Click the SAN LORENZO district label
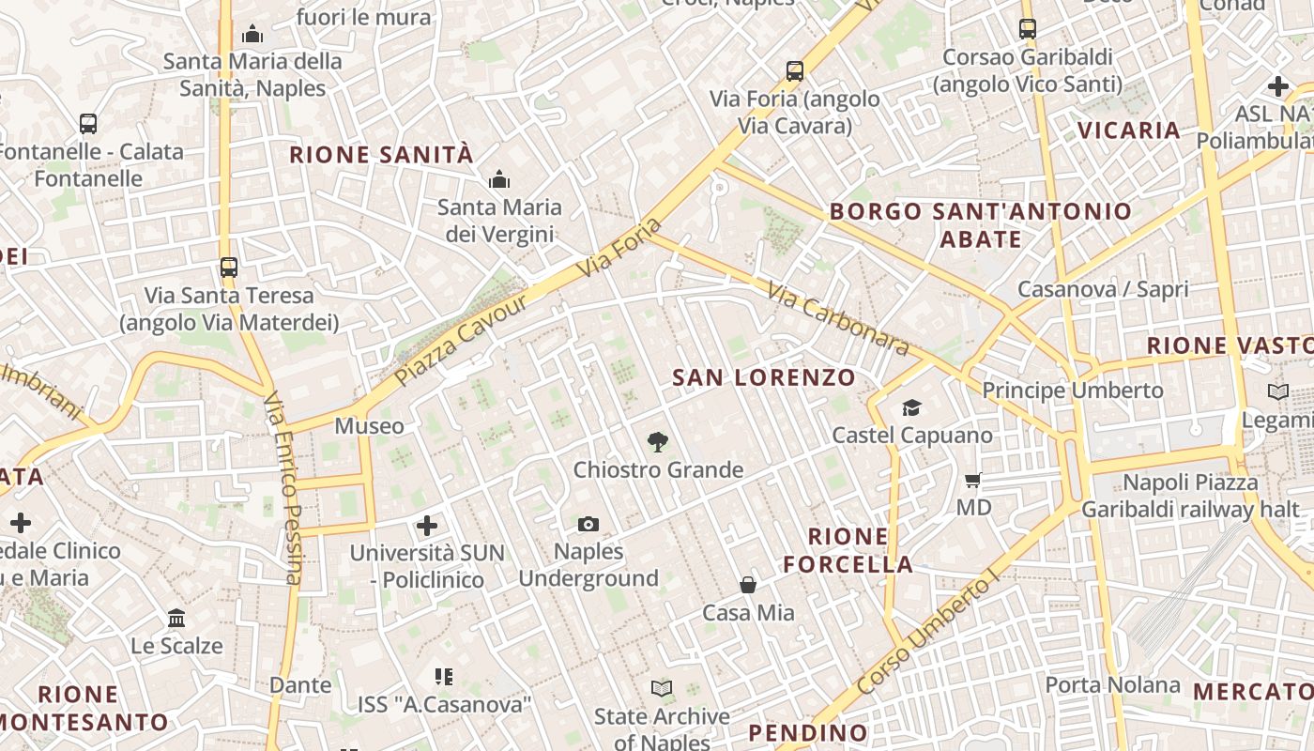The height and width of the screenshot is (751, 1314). (x=764, y=378)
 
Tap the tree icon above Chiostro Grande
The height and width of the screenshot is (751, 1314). (x=658, y=441)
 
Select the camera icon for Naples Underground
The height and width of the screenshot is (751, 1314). (x=588, y=524)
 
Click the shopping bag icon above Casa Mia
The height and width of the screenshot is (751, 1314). (x=748, y=585)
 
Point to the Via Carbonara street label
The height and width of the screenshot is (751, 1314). (x=838, y=319)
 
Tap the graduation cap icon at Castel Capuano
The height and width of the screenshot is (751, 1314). (x=911, y=407)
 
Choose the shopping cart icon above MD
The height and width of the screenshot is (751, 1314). (x=973, y=480)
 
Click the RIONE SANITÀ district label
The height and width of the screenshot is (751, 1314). (x=381, y=155)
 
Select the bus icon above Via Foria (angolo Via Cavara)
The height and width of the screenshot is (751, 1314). (x=795, y=70)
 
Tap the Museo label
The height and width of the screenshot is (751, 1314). (x=370, y=426)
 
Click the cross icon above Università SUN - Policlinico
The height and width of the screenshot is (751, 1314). (x=427, y=526)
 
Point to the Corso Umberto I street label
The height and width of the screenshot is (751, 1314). (x=924, y=636)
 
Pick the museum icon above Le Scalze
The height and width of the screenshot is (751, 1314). (x=176, y=618)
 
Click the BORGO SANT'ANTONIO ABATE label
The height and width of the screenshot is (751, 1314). (x=981, y=224)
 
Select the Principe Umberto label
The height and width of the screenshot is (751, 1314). (x=1073, y=390)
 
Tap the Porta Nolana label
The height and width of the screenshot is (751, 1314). (x=1112, y=684)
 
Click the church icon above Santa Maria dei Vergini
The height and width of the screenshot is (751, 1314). (x=499, y=178)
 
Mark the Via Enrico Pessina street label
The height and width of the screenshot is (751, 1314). (x=283, y=488)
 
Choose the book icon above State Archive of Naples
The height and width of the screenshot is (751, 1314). (x=662, y=689)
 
